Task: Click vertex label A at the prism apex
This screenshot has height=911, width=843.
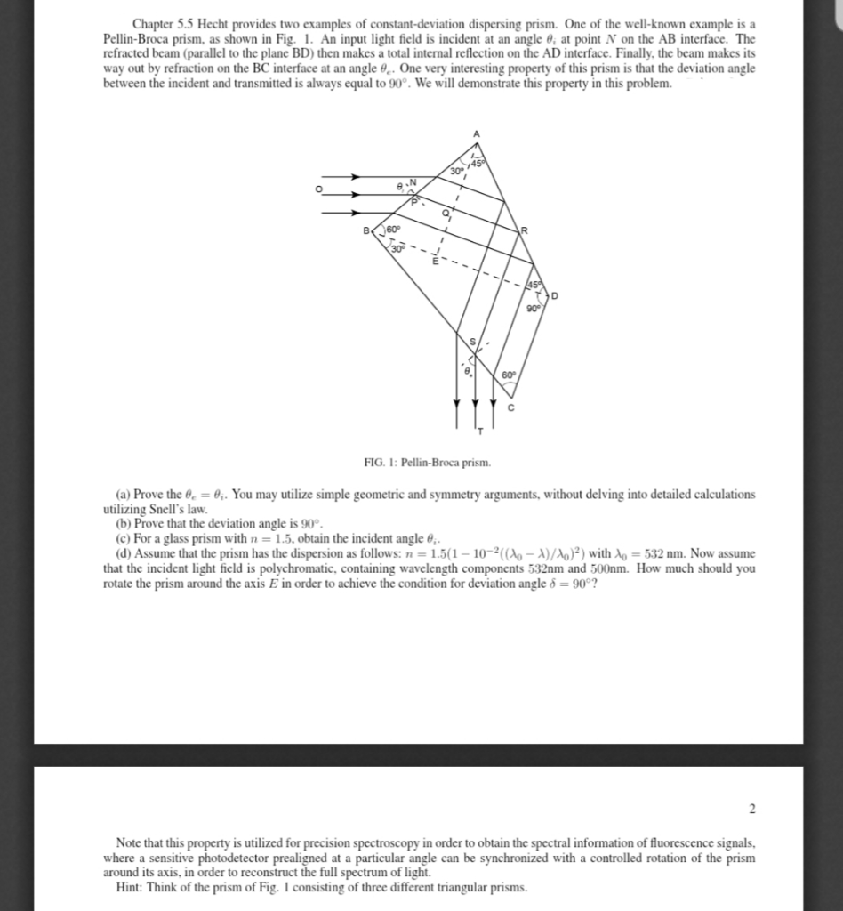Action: (x=476, y=133)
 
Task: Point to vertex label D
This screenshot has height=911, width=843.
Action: (x=556, y=294)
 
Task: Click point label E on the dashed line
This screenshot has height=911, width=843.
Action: (x=435, y=260)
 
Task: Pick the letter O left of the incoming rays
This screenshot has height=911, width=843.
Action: (x=311, y=189)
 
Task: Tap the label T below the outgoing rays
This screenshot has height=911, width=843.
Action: (x=481, y=431)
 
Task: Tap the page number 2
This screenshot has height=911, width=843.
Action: (x=751, y=808)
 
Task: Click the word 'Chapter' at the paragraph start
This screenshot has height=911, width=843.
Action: (x=156, y=21)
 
